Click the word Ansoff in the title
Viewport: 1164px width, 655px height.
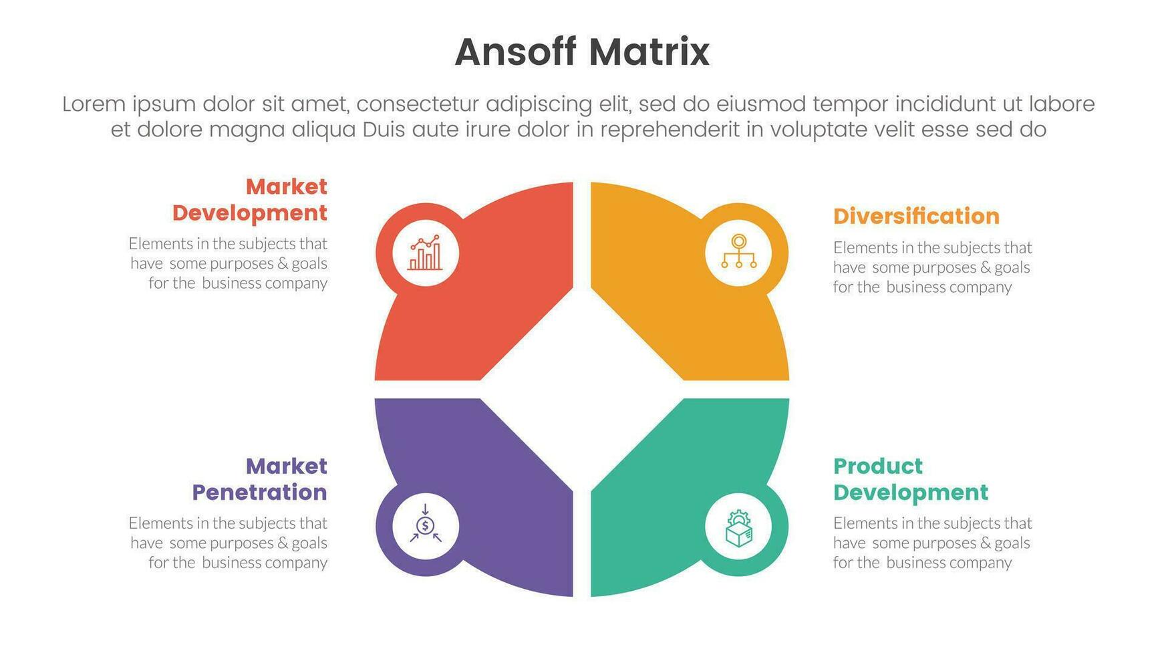coord(515,52)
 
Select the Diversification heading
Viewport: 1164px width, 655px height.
coord(916,216)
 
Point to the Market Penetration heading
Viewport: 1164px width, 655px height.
coord(260,479)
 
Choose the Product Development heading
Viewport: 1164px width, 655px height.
coord(910,479)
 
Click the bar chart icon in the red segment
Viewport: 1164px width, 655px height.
coord(426,253)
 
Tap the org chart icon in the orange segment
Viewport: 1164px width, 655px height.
coord(738,252)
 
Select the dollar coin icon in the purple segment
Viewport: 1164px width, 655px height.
coord(426,525)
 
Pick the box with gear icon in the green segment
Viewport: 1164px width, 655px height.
coord(738,528)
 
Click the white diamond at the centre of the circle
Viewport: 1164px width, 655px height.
coord(582,389)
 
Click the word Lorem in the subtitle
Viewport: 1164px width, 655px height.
coord(94,104)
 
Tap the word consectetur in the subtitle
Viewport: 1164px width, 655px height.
coord(417,104)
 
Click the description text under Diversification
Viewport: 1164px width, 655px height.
coord(932,267)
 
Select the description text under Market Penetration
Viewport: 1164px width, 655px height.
coord(229,543)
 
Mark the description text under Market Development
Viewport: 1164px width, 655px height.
coord(229,263)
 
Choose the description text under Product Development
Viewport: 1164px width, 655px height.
coord(932,543)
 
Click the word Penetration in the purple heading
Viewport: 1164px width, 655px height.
coord(260,493)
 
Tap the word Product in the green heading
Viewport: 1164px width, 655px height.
coord(878,466)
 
